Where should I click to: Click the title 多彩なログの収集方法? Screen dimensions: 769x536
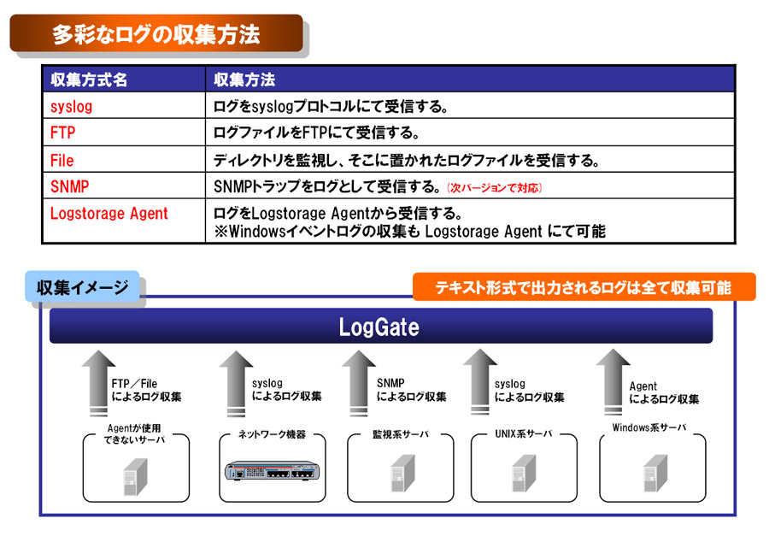coord(156,34)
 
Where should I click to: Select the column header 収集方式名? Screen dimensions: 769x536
coord(89,80)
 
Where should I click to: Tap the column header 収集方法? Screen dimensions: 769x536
coord(244,80)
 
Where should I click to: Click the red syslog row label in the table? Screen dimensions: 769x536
coord(71,107)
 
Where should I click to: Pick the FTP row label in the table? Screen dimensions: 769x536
coord(62,133)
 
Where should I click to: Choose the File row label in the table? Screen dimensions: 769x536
coord(62,160)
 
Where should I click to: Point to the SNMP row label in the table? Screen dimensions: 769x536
coord(70,186)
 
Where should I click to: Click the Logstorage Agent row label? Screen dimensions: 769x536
coord(109,214)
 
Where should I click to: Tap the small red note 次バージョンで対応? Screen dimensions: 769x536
coord(495,188)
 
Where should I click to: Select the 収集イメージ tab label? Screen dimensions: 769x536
coord(82,287)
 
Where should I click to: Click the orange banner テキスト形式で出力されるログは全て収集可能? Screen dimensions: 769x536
coord(583,287)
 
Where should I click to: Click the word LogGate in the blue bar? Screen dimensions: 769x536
coord(379,327)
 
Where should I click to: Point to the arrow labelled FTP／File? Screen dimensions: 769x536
coord(98,383)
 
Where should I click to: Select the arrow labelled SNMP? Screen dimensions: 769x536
coord(359,383)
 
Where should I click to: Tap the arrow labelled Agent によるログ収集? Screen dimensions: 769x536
coord(613,382)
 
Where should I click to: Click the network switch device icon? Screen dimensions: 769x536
coord(273,471)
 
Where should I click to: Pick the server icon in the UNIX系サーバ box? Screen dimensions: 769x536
coord(524,474)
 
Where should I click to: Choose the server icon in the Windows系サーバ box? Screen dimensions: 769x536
coord(655,474)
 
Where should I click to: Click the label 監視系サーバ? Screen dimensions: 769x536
coord(401,434)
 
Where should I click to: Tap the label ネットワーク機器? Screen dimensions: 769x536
coord(273,434)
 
